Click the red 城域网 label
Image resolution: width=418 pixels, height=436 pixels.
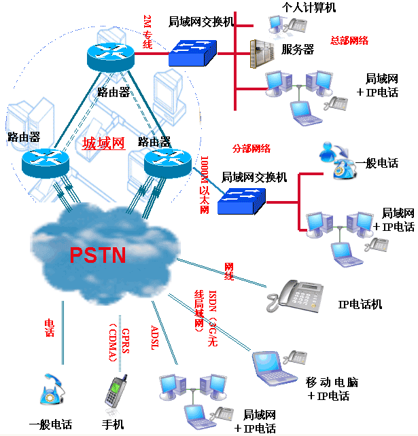click(103, 143)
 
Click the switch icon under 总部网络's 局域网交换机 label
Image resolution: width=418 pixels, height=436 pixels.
click(192, 52)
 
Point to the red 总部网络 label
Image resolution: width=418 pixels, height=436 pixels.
click(349, 40)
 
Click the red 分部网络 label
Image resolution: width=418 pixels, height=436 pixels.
click(251, 148)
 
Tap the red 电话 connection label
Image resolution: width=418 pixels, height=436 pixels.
click(49, 328)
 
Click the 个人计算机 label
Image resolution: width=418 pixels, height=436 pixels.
click(309, 7)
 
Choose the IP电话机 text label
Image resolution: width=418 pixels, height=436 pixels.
click(360, 304)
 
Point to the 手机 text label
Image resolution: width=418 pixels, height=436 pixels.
click(113, 424)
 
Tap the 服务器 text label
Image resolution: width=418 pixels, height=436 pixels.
click(298, 49)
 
